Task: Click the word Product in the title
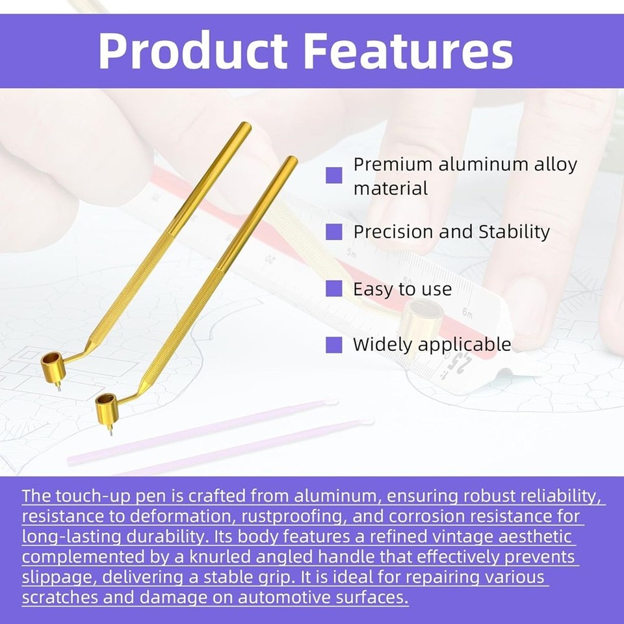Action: coord(192,50)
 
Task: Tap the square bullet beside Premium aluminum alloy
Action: coord(333,175)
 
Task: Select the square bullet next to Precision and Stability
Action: coord(333,231)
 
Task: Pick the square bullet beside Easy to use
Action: coord(333,289)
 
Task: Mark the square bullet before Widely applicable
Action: coord(333,344)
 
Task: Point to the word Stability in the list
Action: coord(513,231)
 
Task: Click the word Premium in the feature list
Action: coord(393,164)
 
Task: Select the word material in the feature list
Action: coord(391,188)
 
